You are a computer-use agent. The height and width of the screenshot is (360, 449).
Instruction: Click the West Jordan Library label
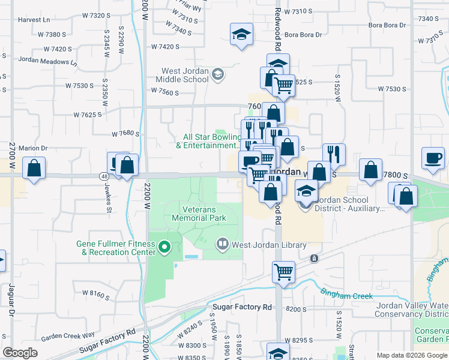click(269, 245)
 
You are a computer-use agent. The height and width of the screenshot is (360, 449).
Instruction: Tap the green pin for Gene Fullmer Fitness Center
click(161, 247)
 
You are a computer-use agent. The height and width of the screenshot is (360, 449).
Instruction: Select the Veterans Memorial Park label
click(199, 214)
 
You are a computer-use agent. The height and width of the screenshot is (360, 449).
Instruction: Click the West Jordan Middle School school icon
click(218, 74)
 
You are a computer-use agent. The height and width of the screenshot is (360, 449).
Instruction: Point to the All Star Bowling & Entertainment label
click(212, 141)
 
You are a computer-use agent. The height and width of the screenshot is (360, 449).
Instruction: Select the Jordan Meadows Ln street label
click(48, 60)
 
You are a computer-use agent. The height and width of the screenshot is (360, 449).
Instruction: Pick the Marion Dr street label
click(33, 148)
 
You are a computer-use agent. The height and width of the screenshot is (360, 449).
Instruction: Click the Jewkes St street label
click(109, 202)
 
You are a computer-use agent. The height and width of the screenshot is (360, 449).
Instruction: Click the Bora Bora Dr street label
click(304, 35)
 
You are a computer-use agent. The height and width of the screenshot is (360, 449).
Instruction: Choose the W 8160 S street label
click(95, 295)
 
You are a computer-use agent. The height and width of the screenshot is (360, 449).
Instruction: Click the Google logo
click(20, 353)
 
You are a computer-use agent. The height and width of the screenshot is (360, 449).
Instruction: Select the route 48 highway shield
click(104, 176)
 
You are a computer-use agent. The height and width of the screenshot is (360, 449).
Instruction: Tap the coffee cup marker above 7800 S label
click(432, 158)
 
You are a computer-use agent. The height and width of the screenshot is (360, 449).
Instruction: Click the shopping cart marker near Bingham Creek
click(283, 271)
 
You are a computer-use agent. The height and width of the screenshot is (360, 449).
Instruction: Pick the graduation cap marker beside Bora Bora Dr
click(241, 34)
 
